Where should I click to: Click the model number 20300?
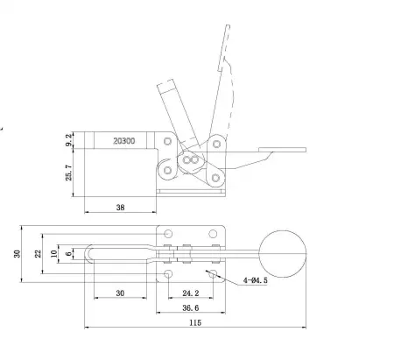(x=125, y=138)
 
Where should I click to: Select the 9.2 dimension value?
(x=70, y=138)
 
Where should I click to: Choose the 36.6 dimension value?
(x=188, y=307)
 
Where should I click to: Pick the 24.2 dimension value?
(x=188, y=293)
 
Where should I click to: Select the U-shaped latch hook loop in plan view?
(x=105, y=253)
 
